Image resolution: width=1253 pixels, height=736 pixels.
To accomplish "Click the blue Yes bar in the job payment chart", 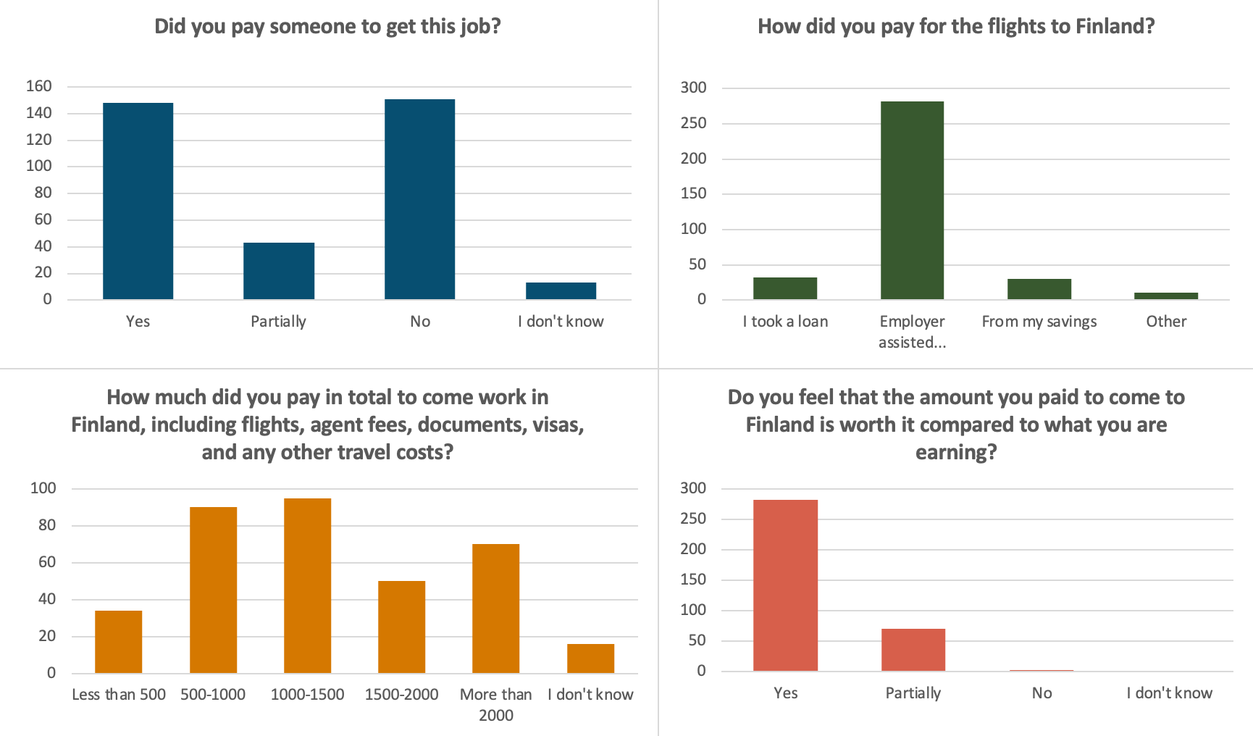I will tap(138, 201).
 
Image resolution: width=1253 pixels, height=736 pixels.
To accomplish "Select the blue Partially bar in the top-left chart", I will tap(279, 271).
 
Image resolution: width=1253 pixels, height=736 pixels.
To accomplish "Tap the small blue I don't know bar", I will tap(561, 290).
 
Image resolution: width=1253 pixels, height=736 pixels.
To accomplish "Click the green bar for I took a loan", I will tap(785, 288).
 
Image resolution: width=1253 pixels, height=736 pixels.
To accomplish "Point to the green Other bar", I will tap(1166, 296).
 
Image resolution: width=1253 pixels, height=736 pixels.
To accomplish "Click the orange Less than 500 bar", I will tap(119, 642).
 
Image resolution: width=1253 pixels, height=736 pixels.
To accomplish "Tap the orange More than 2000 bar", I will tap(496, 609).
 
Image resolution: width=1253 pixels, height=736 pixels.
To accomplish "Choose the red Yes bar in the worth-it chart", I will tap(785, 585).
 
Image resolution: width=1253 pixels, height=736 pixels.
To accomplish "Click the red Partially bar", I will tap(913, 650).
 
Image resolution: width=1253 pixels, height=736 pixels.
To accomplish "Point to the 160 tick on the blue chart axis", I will tap(39, 86).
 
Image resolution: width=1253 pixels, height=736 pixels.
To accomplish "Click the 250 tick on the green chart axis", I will tap(693, 123).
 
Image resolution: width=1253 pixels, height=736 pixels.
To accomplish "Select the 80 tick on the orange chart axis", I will tap(47, 525).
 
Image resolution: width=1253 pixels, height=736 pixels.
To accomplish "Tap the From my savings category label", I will tap(1039, 322).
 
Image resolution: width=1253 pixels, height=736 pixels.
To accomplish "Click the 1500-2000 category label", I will tap(401, 695).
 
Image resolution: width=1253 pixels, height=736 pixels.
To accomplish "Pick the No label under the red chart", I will tap(1042, 693).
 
